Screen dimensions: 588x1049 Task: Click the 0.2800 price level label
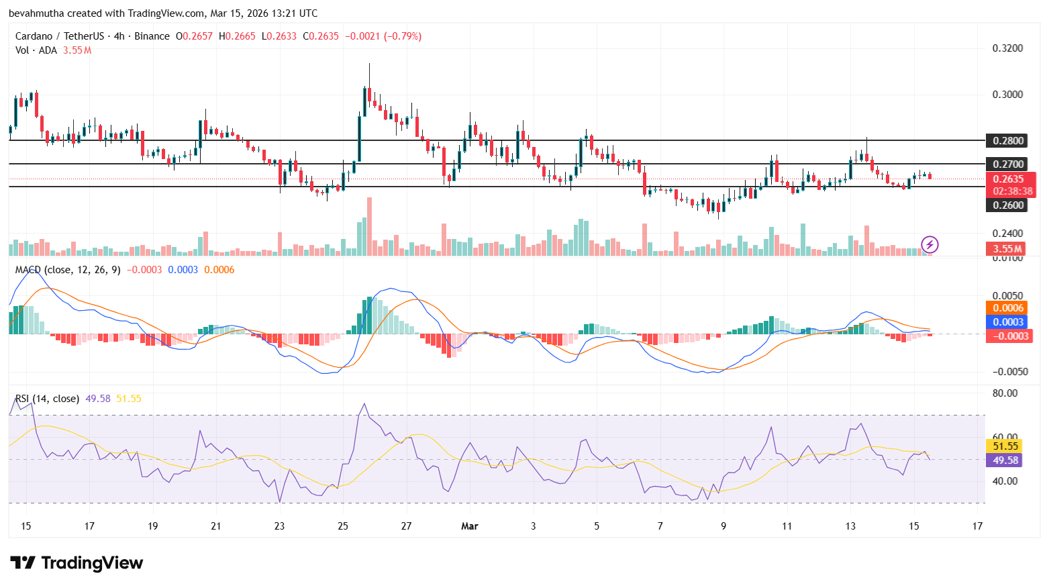1008,141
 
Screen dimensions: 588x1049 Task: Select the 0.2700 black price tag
1008,164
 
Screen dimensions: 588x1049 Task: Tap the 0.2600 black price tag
1008,205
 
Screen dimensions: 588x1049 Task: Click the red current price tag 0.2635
1008,179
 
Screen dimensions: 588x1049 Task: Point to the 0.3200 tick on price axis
1007,48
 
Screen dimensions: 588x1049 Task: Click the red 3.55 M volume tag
1007,249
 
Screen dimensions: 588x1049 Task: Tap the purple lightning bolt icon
930,244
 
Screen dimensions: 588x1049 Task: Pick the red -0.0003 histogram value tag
1009,336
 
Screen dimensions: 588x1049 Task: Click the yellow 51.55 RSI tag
1005,446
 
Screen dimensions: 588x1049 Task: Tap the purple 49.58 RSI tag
1005,460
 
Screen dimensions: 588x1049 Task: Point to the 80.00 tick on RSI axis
1005,393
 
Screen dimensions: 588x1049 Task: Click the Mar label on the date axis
470,526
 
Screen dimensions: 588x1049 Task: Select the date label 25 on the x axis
343,526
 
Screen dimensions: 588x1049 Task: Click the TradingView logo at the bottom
77,563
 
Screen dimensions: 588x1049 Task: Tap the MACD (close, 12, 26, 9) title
68,270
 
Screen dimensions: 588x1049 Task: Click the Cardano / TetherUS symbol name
60,36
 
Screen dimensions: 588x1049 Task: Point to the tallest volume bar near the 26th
369,226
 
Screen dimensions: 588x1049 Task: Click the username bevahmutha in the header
36,13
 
